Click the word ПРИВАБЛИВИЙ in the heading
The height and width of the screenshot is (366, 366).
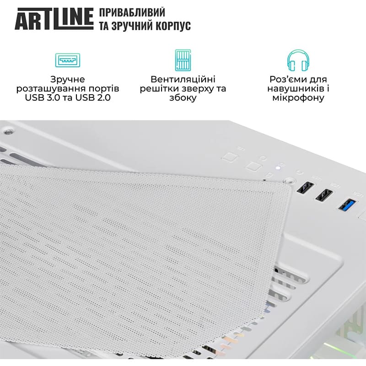(132, 13)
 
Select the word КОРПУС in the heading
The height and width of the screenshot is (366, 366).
(171, 27)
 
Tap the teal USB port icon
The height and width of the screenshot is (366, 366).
(68, 60)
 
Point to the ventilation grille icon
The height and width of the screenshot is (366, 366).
(183, 60)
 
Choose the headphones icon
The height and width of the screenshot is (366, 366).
(298, 60)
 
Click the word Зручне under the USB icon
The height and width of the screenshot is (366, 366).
(68, 79)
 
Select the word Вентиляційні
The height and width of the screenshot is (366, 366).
(183, 79)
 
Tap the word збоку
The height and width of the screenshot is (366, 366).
(183, 98)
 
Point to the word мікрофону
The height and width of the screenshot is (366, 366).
(298, 98)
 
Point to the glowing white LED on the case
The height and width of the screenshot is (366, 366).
(276, 167)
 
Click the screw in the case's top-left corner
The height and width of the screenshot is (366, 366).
(7, 132)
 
